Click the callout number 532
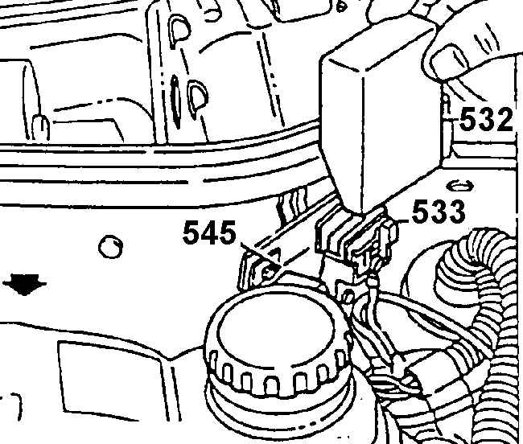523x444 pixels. [486, 120]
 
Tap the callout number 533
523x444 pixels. [439, 212]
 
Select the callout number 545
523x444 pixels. [210, 232]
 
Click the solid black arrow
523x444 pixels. [24, 284]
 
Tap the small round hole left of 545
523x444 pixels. [110, 247]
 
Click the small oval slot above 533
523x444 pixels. [460, 186]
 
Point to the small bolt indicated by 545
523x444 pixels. [268, 271]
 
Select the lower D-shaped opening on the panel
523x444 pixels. [198, 98]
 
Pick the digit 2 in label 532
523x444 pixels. [503, 120]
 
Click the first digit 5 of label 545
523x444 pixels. [191, 232]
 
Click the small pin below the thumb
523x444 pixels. [447, 105]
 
